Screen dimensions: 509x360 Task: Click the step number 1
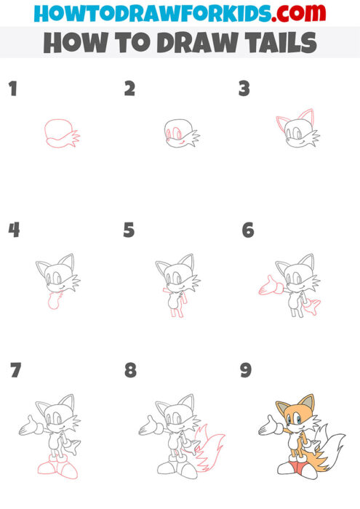pyautogui.click(x=12, y=89)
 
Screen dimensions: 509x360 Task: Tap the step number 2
pyautogui.click(x=129, y=89)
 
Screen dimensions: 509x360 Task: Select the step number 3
pyautogui.click(x=244, y=89)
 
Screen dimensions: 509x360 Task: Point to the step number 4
pyautogui.click(x=14, y=231)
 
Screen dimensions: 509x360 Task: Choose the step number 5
pyautogui.click(x=129, y=231)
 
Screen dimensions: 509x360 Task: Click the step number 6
pyautogui.click(x=248, y=231)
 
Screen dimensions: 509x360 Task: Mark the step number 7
pyautogui.click(x=15, y=370)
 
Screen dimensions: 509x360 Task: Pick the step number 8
pyautogui.click(x=130, y=370)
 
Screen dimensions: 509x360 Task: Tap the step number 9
pyautogui.click(x=246, y=370)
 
